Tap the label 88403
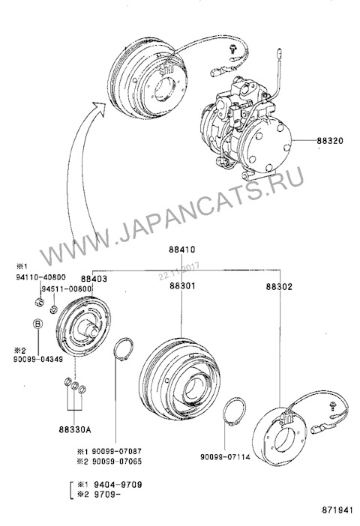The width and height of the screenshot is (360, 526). (x=105, y=278)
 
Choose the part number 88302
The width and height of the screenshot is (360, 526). (x=279, y=285)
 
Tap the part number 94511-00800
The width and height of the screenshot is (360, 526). (x=67, y=288)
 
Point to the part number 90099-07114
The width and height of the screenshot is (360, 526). (x=226, y=456)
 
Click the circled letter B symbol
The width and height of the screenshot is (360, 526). (x=36, y=324)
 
